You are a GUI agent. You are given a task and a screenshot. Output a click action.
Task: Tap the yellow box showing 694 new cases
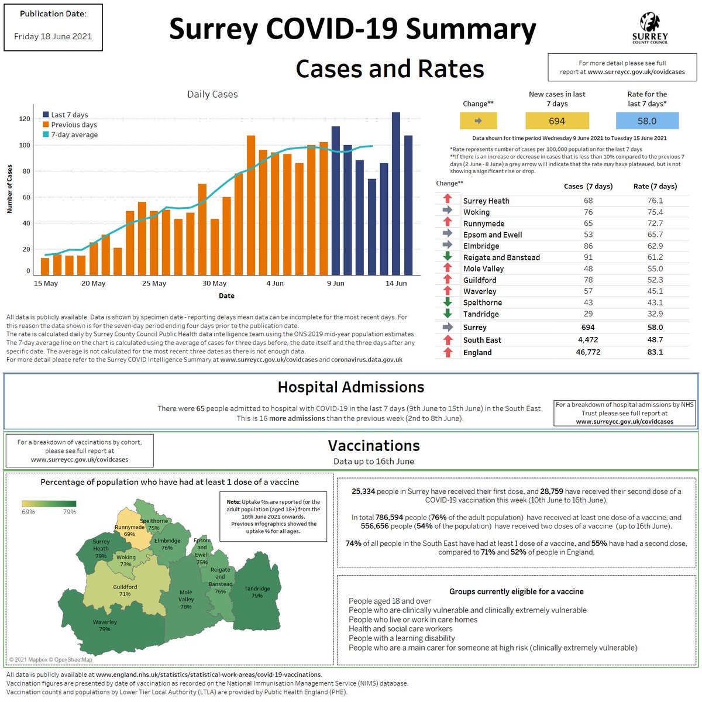coord(557,121)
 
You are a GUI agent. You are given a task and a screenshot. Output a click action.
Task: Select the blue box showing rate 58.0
coord(647,121)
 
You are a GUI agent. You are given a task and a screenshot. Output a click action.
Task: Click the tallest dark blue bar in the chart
coord(396,193)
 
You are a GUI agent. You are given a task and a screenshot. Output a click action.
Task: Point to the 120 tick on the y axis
coord(25,119)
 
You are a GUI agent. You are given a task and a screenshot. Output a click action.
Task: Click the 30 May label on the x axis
coord(214,283)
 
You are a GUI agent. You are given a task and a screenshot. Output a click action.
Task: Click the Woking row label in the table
coord(476,212)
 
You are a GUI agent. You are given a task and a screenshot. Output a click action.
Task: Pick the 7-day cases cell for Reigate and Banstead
coord(588,257)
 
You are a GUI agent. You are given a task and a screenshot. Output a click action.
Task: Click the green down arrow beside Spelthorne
coord(448,302)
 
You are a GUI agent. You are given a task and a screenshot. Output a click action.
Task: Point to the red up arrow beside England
coord(448,352)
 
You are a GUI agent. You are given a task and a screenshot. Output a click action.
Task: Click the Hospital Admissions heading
coord(351,387)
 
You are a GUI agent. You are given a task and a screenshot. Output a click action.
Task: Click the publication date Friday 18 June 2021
coord(53,36)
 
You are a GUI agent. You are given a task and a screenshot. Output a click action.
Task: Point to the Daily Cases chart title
coord(212,94)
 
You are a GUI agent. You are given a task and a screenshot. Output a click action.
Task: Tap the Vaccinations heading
coord(374,446)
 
